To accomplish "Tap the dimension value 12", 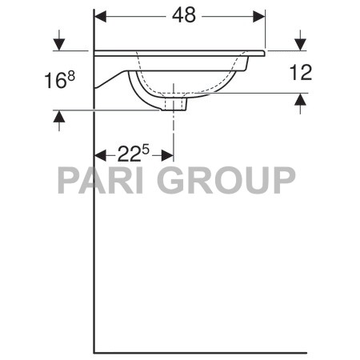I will [301, 73].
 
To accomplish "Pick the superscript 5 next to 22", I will [146, 148].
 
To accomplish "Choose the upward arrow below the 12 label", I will [301, 99].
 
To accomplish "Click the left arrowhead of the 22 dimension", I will [101, 154].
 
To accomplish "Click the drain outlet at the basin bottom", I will [174, 103].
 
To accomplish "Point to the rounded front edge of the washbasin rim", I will [261, 54].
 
